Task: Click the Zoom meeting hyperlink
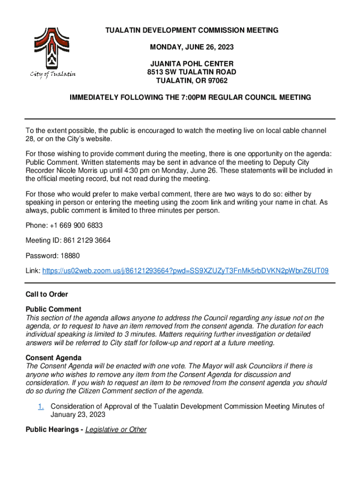[185, 270]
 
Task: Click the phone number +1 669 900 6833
[75, 225]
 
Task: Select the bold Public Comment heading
[53, 309]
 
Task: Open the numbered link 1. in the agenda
[41, 406]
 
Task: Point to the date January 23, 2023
[78, 414]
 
